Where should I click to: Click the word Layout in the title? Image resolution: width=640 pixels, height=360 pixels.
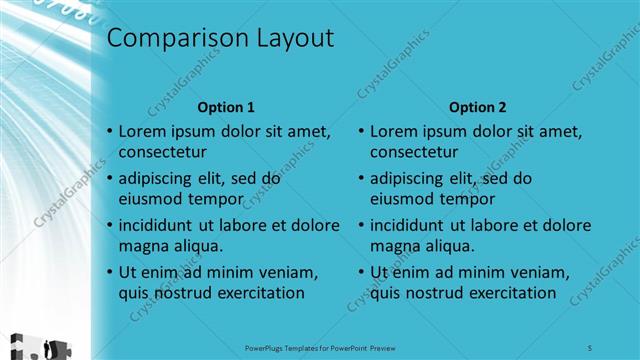289,40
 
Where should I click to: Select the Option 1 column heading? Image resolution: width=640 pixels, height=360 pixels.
226,107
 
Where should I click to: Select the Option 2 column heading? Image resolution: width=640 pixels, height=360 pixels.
478,107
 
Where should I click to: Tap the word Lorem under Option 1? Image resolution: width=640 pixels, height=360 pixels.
142,131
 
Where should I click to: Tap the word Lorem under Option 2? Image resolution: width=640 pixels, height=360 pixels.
393,131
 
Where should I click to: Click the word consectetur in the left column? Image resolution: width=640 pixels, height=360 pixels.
163,153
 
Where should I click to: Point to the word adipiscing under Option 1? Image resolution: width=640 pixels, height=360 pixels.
160,179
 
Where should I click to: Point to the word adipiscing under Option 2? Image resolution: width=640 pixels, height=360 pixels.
411,179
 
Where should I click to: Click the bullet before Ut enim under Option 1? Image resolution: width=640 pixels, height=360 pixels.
109,272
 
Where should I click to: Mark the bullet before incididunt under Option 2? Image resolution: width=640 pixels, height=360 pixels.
360,225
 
